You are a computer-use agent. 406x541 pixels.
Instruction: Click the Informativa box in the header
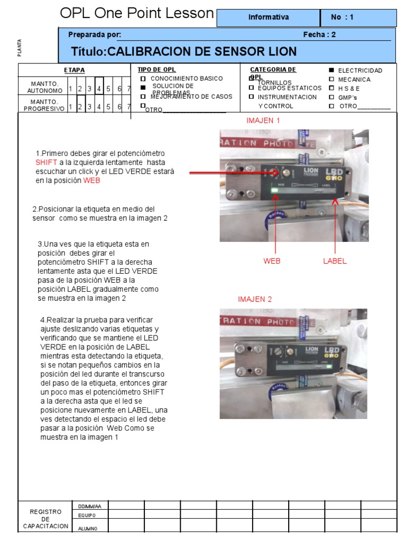[x=269, y=17]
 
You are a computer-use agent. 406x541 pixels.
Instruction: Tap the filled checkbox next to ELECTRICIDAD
[x=331, y=70]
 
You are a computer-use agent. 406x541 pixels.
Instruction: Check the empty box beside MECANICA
[x=331, y=79]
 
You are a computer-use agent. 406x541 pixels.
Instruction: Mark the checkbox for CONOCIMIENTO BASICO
[x=143, y=79]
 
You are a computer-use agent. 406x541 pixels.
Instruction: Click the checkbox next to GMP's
[x=331, y=97]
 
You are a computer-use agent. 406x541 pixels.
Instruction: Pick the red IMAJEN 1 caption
[x=263, y=120]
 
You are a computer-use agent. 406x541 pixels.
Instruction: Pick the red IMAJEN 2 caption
[x=255, y=299]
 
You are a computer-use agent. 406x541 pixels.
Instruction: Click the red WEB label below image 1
[x=272, y=261]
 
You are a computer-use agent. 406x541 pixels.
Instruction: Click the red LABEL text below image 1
[x=335, y=261]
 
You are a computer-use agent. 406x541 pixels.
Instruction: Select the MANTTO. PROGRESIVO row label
[x=44, y=105]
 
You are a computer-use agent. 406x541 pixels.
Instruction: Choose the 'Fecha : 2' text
[x=319, y=35]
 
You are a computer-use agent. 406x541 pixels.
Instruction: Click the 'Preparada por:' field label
[x=95, y=35]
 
